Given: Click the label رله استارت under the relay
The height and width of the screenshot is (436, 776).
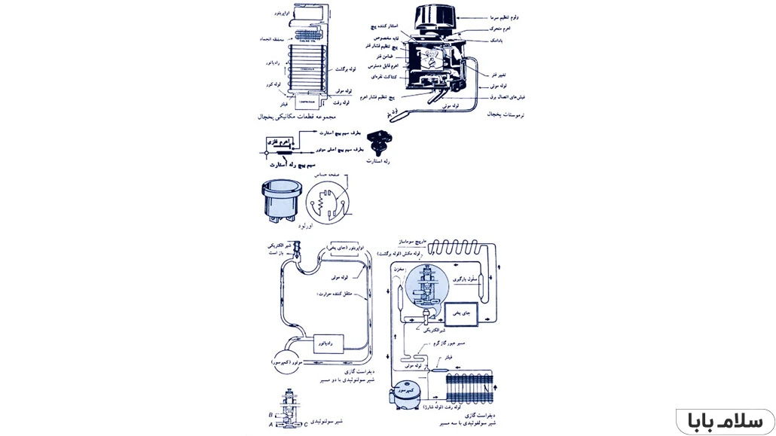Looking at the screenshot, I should pos(377,161).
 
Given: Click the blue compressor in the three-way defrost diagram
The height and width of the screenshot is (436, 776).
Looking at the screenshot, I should pos(408,395).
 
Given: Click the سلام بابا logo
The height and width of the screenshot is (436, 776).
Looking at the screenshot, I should pos(725,420).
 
